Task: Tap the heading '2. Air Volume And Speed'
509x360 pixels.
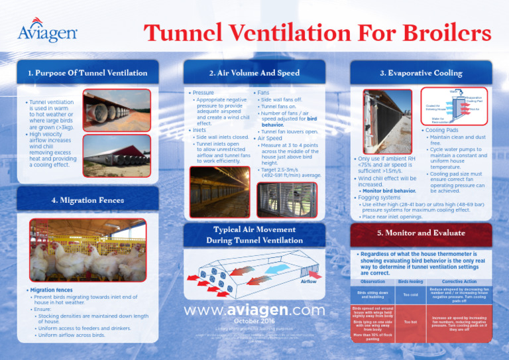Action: click(254, 72)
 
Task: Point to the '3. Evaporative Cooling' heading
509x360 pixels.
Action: click(421, 72)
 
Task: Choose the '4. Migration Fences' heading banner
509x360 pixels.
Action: click(87, 200)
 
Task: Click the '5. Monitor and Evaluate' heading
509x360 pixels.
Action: click(421, 233)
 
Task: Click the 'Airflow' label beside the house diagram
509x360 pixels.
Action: click(309, 281)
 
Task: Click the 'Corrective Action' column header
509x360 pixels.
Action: click(459, 282)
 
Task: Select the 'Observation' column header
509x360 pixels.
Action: click(374, 282)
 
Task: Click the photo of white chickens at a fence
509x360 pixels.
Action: click(87, 249)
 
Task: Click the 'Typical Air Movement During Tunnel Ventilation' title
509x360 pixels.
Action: click(254, 234)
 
